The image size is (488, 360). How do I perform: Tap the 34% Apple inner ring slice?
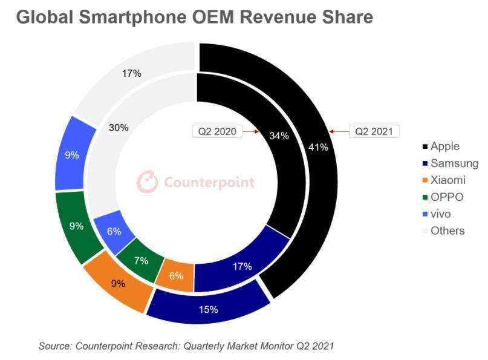279,136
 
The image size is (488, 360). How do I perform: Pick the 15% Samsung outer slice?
207,310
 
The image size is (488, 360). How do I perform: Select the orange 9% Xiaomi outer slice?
117,282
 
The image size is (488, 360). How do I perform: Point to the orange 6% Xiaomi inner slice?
176,275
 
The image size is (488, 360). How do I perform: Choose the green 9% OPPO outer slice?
76,226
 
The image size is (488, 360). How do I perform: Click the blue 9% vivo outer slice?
72,155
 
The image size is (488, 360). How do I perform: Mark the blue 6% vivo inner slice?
114,231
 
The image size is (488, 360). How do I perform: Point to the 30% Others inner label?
117,128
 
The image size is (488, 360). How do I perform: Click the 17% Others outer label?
131,73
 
